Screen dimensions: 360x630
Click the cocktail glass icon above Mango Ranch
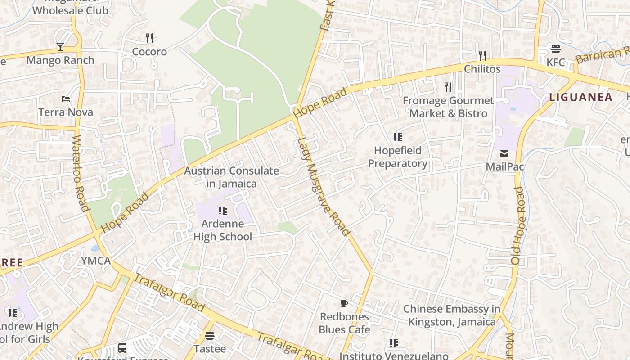[x=60, y=46]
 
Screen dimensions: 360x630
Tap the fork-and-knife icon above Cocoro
[x=150, y=38]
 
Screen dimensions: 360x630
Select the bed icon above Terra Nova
[x=66, y=99]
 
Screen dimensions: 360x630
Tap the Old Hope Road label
[x=518, y=225]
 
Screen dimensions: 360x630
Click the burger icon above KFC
[x=556, y=49]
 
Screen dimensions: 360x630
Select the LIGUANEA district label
[x=580, y=97]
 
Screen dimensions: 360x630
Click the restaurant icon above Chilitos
[x=482, y=55]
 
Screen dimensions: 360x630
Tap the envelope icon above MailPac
[x=504, y=153]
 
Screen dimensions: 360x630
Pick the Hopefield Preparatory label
[x=398, y=157]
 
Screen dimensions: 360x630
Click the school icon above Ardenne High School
[x=222, y=210]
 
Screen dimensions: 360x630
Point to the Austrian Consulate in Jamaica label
[x=231, y=177]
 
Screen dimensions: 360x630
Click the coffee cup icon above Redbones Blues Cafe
[x=344, y=303]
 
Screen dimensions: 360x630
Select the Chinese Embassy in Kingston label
[x=452, y=315]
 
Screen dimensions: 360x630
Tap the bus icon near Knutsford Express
[x=122, y=347]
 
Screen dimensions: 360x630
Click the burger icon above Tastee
[x=210, y=335]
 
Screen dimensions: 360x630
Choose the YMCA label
[x=96, y=261]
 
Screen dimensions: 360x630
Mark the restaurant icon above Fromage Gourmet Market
[x=448, y=86]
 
